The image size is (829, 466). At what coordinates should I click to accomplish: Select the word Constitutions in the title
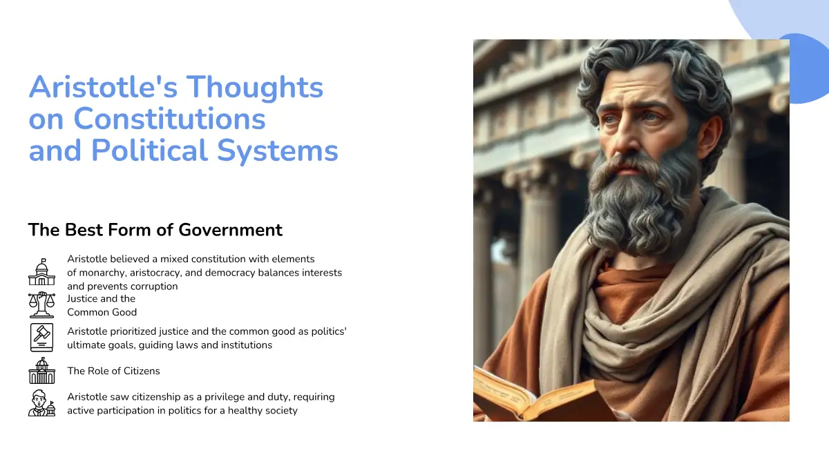(x=169, y=119)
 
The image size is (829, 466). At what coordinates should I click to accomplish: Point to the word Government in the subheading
(x=230, y=230)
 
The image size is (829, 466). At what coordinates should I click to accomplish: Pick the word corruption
(x=153, y=287)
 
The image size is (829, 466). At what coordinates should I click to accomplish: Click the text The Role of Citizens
(x=113, y=371)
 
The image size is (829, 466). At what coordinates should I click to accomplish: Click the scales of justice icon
(x=42, y=305)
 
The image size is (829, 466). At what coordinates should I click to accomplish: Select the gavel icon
(x=42, y=338)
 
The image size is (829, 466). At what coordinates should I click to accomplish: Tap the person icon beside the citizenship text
(x=42, y=403)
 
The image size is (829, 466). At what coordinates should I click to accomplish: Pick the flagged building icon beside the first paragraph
(x=42, y=272)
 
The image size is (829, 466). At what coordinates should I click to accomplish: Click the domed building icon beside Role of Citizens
(x=42, y=371)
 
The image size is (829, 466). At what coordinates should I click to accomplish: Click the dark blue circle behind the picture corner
(x=810, y=68)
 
